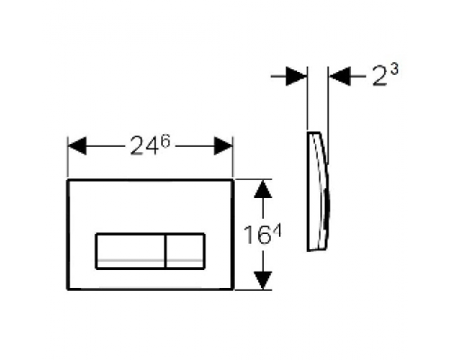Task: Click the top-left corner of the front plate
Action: (69, 178)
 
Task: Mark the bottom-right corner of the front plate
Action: (233, 289)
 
